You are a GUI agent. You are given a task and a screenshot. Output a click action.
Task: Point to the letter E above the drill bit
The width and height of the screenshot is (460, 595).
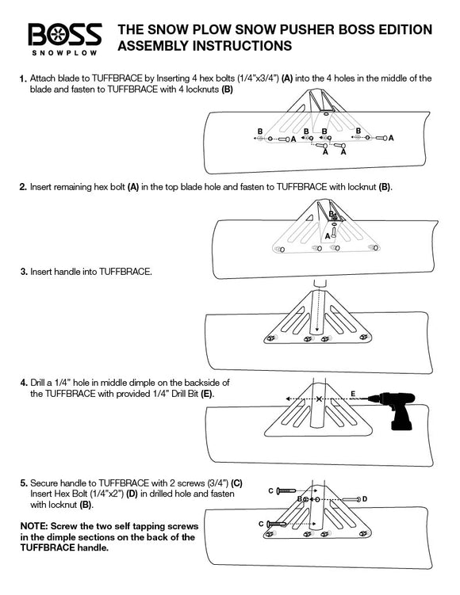pyautogui.click(x=353, y=394)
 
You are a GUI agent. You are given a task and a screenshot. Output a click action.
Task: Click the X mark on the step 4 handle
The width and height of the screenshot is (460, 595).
pyautogui.click(x=319, y=399)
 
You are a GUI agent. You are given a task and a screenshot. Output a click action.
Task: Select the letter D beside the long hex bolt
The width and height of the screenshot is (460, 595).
pyautogui.click(x=365, y=498)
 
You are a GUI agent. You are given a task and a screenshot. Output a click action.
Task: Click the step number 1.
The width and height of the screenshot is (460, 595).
pyautogui.click(x=23, y=79)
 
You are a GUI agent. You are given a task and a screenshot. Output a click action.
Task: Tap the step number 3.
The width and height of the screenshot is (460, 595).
pyautogui.click(x=24, y=272)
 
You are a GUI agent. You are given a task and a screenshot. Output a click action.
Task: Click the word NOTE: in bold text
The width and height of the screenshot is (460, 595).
pyautogui.click(x=34, y=526)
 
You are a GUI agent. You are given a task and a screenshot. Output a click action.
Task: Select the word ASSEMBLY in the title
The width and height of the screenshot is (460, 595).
pyautogui.click(x=154, y=46)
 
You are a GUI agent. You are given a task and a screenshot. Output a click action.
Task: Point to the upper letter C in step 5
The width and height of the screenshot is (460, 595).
pyautogui.click(x=270, y=490)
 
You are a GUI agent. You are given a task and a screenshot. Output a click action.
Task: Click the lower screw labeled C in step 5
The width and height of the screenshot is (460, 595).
pyautogui.click(x=277, y=524)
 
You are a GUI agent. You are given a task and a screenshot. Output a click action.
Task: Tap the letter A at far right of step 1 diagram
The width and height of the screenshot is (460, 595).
pyautogui.click(x=391, y=138)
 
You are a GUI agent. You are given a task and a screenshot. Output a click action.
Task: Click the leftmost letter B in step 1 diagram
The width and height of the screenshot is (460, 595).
pyautogui.click(x=260, y=132)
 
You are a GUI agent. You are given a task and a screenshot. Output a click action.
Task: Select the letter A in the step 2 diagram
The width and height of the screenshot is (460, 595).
pyautogui.click(x=328, y=236)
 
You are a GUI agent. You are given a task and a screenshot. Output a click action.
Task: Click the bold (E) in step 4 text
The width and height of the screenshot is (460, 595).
pyautogui.click(x=207, y=394)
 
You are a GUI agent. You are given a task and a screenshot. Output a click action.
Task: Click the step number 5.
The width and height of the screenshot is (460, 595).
pyautogui.click(x=24, y=483)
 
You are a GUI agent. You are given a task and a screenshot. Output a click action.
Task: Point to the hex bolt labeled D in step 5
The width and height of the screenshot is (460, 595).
pyautogui.click(x=351, y=499)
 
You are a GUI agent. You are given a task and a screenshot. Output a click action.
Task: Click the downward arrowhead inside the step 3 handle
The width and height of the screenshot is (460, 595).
pyautogui.click(x=317, y=330)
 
